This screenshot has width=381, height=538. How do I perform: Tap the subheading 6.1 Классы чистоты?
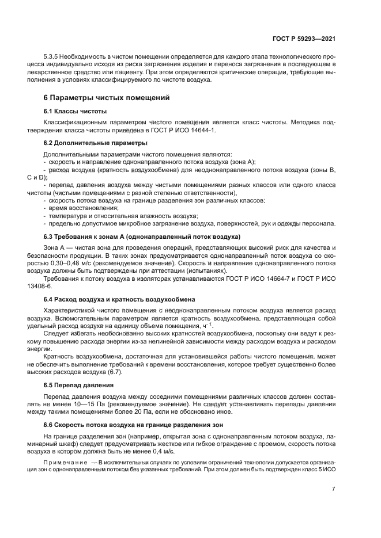(75, 110)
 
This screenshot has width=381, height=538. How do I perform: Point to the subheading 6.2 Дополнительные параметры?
(95, 142)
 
